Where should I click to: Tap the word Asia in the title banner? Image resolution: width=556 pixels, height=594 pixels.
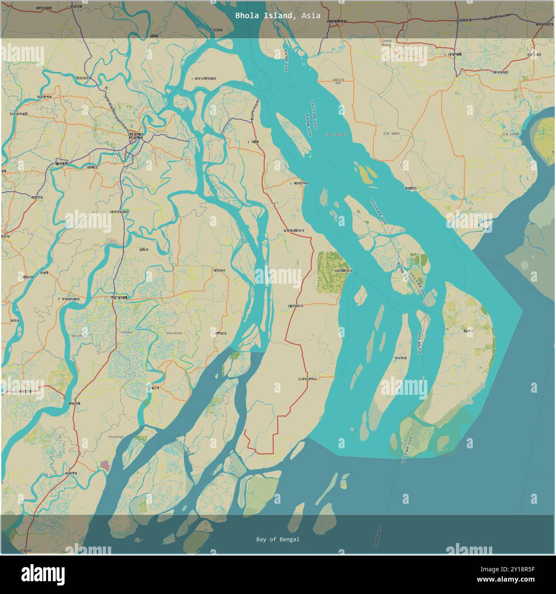[311, 16]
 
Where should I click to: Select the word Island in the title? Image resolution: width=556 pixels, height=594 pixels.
[277, 16]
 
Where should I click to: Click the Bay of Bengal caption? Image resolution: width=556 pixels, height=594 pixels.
[278, 539]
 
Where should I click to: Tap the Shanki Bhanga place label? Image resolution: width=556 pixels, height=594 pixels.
[387, 43]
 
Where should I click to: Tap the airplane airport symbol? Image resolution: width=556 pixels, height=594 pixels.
[106, 88]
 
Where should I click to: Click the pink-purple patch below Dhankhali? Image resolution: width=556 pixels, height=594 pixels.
[104, 465]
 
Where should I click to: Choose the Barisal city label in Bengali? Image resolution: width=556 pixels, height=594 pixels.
[138, 136]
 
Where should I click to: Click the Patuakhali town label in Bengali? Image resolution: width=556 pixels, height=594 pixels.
[119, 297]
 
